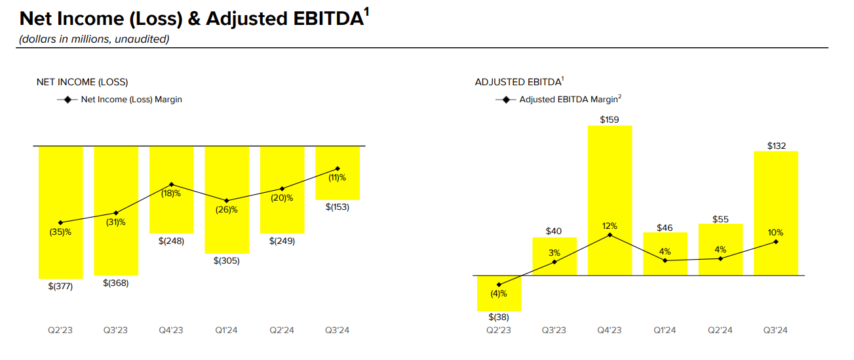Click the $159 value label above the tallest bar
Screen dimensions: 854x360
point(610,120)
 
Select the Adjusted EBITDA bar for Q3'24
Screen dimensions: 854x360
point(776,213)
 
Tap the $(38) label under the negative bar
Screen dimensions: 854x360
point(499,317)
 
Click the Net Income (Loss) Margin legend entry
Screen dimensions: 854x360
point(120,100)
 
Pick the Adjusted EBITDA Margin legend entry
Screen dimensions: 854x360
point(558,100)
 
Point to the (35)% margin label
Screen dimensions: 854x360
point(60,232)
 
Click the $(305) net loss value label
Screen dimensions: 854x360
point(227,261)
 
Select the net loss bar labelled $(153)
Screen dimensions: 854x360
point(338,172)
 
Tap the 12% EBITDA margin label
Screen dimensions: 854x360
point(610,226)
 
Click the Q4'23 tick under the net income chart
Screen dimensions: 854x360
point(171,330)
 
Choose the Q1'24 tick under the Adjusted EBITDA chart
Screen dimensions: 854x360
point(665,330)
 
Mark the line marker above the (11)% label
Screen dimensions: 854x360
point(338,169)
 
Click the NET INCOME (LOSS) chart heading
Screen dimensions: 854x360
point(82,82)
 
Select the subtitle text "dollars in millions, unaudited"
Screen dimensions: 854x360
point(94,39)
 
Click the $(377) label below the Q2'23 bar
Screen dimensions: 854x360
point(60,286)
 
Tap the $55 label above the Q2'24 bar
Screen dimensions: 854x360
point(720,219)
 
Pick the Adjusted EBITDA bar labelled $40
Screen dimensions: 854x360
point(554,256)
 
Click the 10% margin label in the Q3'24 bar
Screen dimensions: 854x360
point(775,232)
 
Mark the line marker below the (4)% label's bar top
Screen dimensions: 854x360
point(499,285)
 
